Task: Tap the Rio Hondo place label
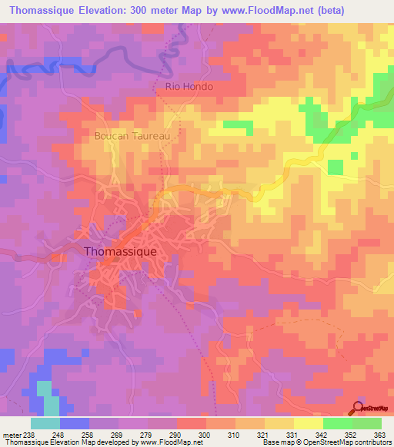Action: (189, 87)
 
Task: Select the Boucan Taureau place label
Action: (136, 135)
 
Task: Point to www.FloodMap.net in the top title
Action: (242, 10)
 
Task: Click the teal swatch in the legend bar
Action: (45, 423)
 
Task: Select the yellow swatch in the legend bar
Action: (308, 423)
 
